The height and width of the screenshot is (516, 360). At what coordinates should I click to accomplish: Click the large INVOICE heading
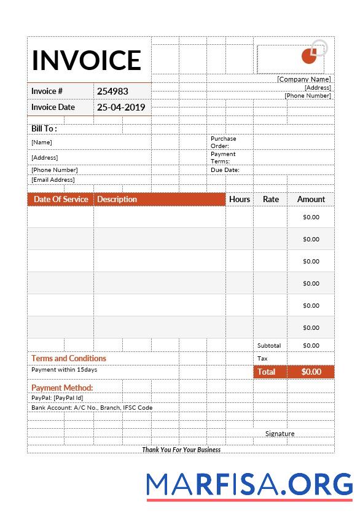click(x=87, y=60)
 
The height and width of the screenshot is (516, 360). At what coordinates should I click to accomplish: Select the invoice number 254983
click(x=112, y=91)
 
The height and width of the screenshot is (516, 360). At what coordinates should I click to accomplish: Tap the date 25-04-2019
click(x=121, y=107)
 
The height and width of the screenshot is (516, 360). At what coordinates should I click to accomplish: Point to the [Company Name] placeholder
click(x=303, y=79)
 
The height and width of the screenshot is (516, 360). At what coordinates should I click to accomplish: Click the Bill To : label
click(x=44, y=128)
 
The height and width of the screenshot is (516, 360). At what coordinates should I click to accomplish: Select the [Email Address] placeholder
click(x=53, y=180)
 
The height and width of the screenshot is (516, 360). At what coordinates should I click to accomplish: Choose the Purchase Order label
click(x=223, y=142)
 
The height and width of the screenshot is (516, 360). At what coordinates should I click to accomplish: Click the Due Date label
click(x=225, y=170)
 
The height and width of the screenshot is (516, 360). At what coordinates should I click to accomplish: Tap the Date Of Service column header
click(x=61, y=199)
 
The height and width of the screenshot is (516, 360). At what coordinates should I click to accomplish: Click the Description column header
click(x=117, y=199)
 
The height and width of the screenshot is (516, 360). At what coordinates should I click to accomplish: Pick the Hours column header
click(x=240, y=199)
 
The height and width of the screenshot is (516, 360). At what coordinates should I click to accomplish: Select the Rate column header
click(x=271, y=199)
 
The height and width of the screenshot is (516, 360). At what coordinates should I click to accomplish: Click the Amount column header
click(x=311, y=199)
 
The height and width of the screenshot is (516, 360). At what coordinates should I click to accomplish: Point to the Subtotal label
click(x=269, y=346)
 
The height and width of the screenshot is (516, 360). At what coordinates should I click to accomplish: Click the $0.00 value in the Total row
click(x=311, y=372)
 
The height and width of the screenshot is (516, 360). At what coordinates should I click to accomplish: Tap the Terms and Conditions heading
click(x=69, y=358)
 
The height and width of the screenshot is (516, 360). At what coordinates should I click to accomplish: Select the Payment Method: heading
click(x=62, y=388)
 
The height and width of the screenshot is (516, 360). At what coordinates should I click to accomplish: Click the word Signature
click(x=280, y=434)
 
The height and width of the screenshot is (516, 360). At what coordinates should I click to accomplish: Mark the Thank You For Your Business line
click(x=181, y=450)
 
